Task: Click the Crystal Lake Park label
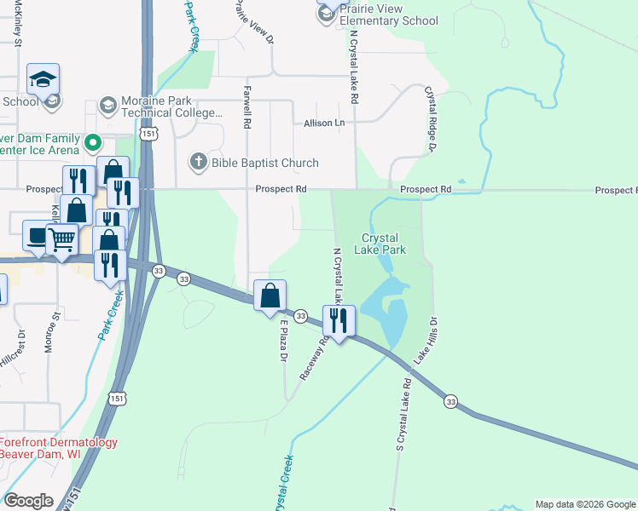coord(383,244)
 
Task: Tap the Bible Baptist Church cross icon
coord(198,163)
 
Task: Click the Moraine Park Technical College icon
coord(107,105)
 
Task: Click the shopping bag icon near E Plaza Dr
coord(270,296)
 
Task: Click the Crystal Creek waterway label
coord(283,482)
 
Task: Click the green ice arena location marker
coord(94,142)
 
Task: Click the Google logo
coord(28,501)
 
